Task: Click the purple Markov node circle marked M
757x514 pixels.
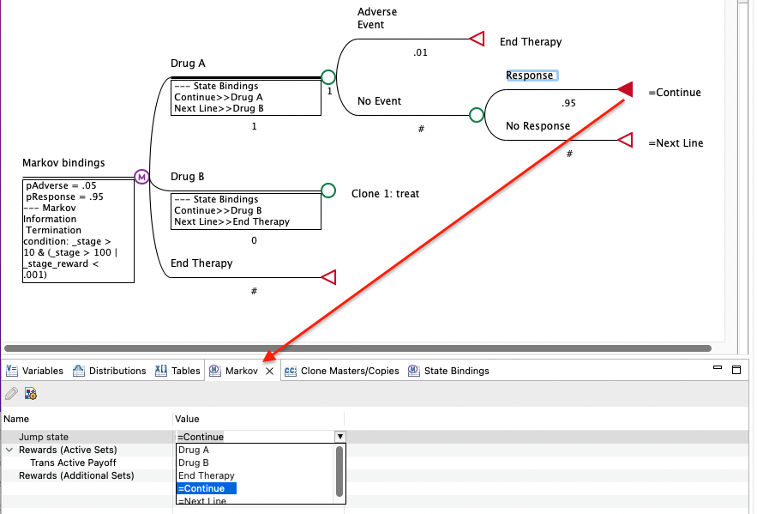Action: pos(141,178)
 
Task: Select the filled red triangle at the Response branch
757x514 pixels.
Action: pos(626,89)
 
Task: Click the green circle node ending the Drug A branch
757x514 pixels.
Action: pos(328,77)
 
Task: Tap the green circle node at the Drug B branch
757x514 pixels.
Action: pos(328,190)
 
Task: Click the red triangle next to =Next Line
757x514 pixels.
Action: pos(626,140)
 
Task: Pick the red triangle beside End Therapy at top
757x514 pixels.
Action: pos(477,39)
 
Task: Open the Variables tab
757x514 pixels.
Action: pos(35,371)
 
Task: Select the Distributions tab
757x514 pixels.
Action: pos(110,371)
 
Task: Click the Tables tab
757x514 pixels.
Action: pos(177,371)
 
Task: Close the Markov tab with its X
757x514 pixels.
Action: pos(270,371)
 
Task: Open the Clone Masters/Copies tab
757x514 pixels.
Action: pos(342,371)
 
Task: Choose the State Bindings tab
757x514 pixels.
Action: pos(449,371)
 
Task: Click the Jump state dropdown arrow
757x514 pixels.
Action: pos(340,437)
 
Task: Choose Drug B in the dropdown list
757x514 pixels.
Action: pos(194,463)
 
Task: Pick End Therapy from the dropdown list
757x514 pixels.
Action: pos(206,476)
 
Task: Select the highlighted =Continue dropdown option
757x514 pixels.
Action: pos(206,488)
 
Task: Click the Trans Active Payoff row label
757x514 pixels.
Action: pos(73,463)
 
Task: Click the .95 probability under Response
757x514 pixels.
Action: pos(568,103)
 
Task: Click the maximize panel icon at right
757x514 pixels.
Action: pos(736,370)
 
